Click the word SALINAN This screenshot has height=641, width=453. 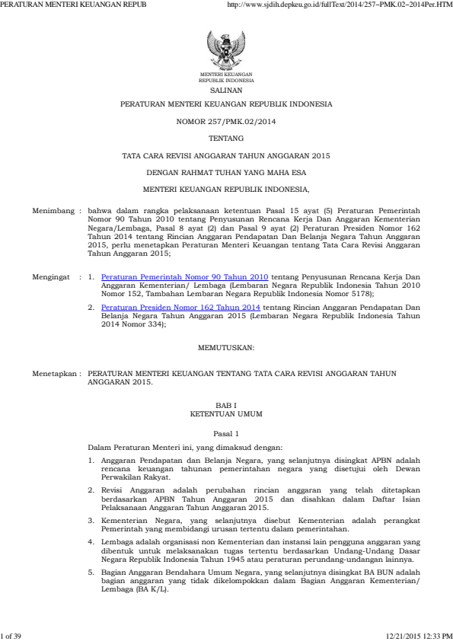pyautogui.click(x=226, y=89)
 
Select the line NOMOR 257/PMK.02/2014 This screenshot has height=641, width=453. pyautogui.click(x=226, y=121)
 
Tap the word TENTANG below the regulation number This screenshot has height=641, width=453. pyautogui.click(x=226, y=138)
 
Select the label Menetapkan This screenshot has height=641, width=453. pyautogui.click(x=54, y=375)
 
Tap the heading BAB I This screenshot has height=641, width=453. pyautogui.click(x=226, y=408)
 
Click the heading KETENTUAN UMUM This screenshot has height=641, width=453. pyautogui.click(x=226, y=416)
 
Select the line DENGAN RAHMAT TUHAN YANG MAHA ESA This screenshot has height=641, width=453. pyautogui.click(x=226, y=172)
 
